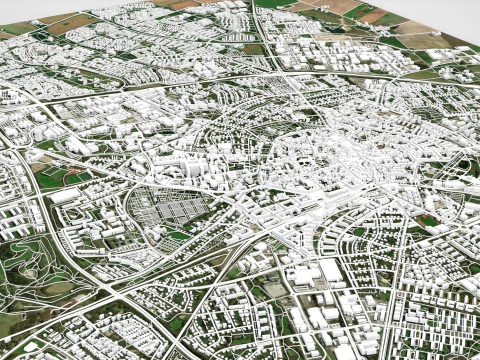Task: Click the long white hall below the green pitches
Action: coord(64,196)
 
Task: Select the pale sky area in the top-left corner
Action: coord(15,8)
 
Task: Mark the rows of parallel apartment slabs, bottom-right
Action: coord(440,300)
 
